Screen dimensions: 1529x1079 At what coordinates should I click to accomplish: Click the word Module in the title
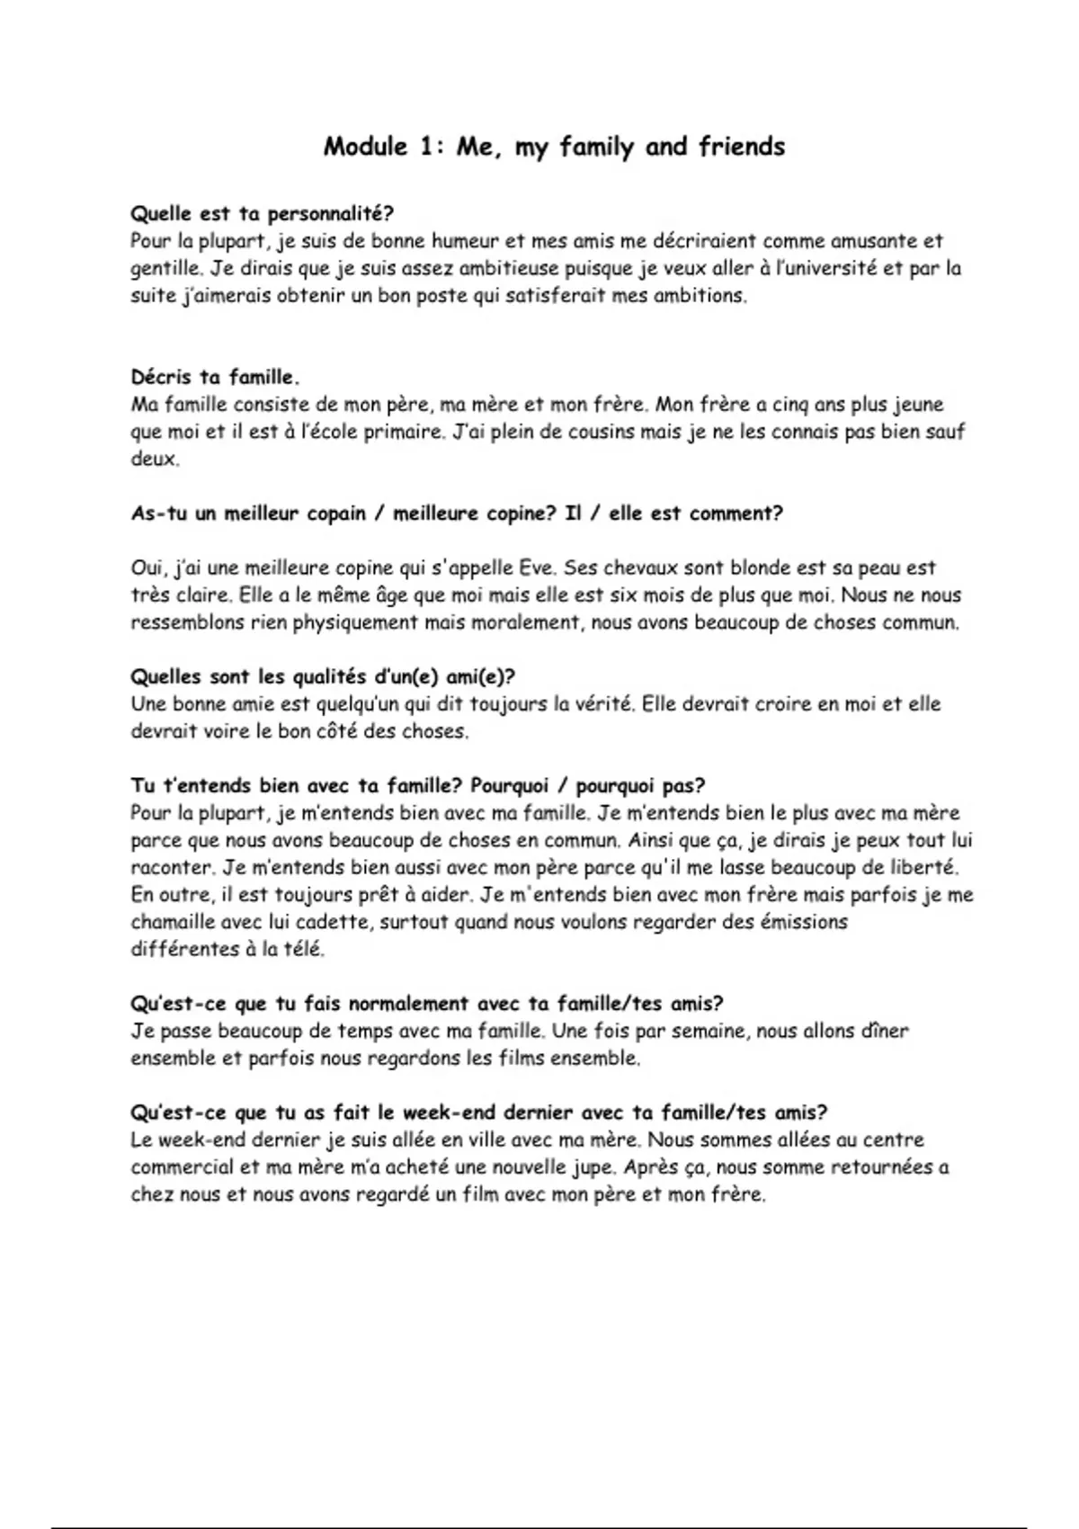point(365,147)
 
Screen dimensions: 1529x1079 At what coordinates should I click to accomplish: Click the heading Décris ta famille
point(216,377)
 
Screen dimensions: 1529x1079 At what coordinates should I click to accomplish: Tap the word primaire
point(403,432)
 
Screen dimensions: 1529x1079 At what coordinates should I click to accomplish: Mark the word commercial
point(179,1167)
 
